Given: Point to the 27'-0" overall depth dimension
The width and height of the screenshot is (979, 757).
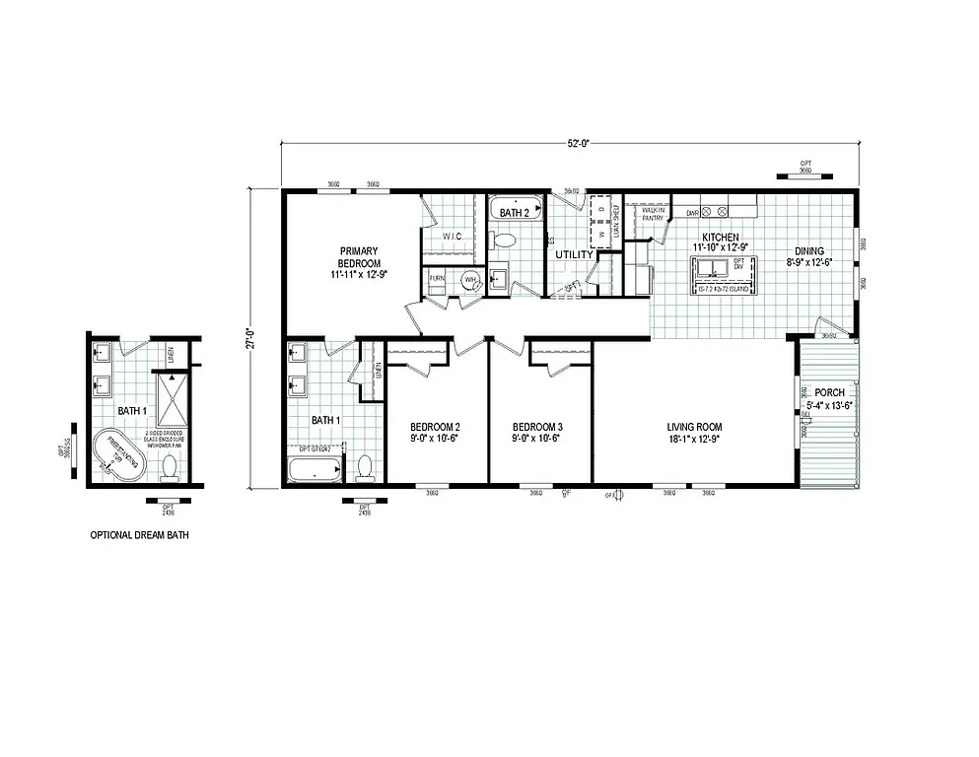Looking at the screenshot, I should [x=253, y=338].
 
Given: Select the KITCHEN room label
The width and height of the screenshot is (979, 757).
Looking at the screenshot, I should [x=720, y=238].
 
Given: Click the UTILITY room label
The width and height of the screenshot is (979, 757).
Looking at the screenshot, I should [x=574, y=254].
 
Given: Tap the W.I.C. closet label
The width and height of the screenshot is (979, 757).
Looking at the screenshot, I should [x=453, y=237].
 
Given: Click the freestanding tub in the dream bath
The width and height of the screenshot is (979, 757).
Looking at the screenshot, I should [x=118, y=454].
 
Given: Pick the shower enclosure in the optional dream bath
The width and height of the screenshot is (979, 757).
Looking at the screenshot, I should [x=171, y=398].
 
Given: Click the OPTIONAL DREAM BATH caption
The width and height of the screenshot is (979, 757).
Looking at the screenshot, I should [x=139, y=536].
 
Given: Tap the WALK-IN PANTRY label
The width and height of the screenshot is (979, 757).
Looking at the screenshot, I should [x=653, y=214].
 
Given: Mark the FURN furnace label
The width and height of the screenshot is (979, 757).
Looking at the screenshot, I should [x=437, y=280].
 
